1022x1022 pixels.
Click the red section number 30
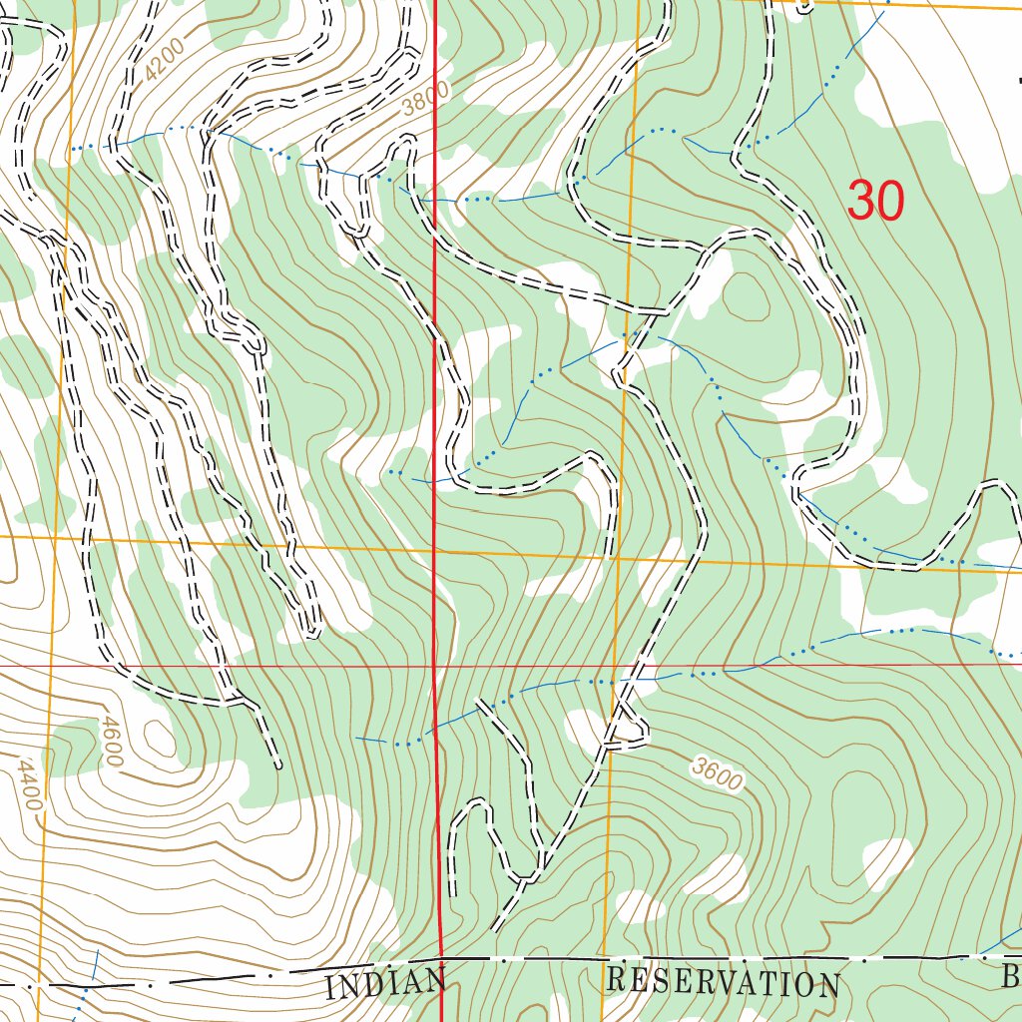875,201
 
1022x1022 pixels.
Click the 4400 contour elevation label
29,783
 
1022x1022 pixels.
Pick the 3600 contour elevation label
717,773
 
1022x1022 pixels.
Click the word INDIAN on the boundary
385,983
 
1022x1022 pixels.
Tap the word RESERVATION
722,982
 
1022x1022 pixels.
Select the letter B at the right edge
1010,978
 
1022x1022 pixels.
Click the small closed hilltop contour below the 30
747,297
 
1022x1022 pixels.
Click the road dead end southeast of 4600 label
277,766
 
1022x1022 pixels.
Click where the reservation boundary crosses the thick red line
440,961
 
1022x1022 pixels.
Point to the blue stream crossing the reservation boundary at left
88,987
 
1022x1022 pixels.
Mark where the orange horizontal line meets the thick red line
435,547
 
